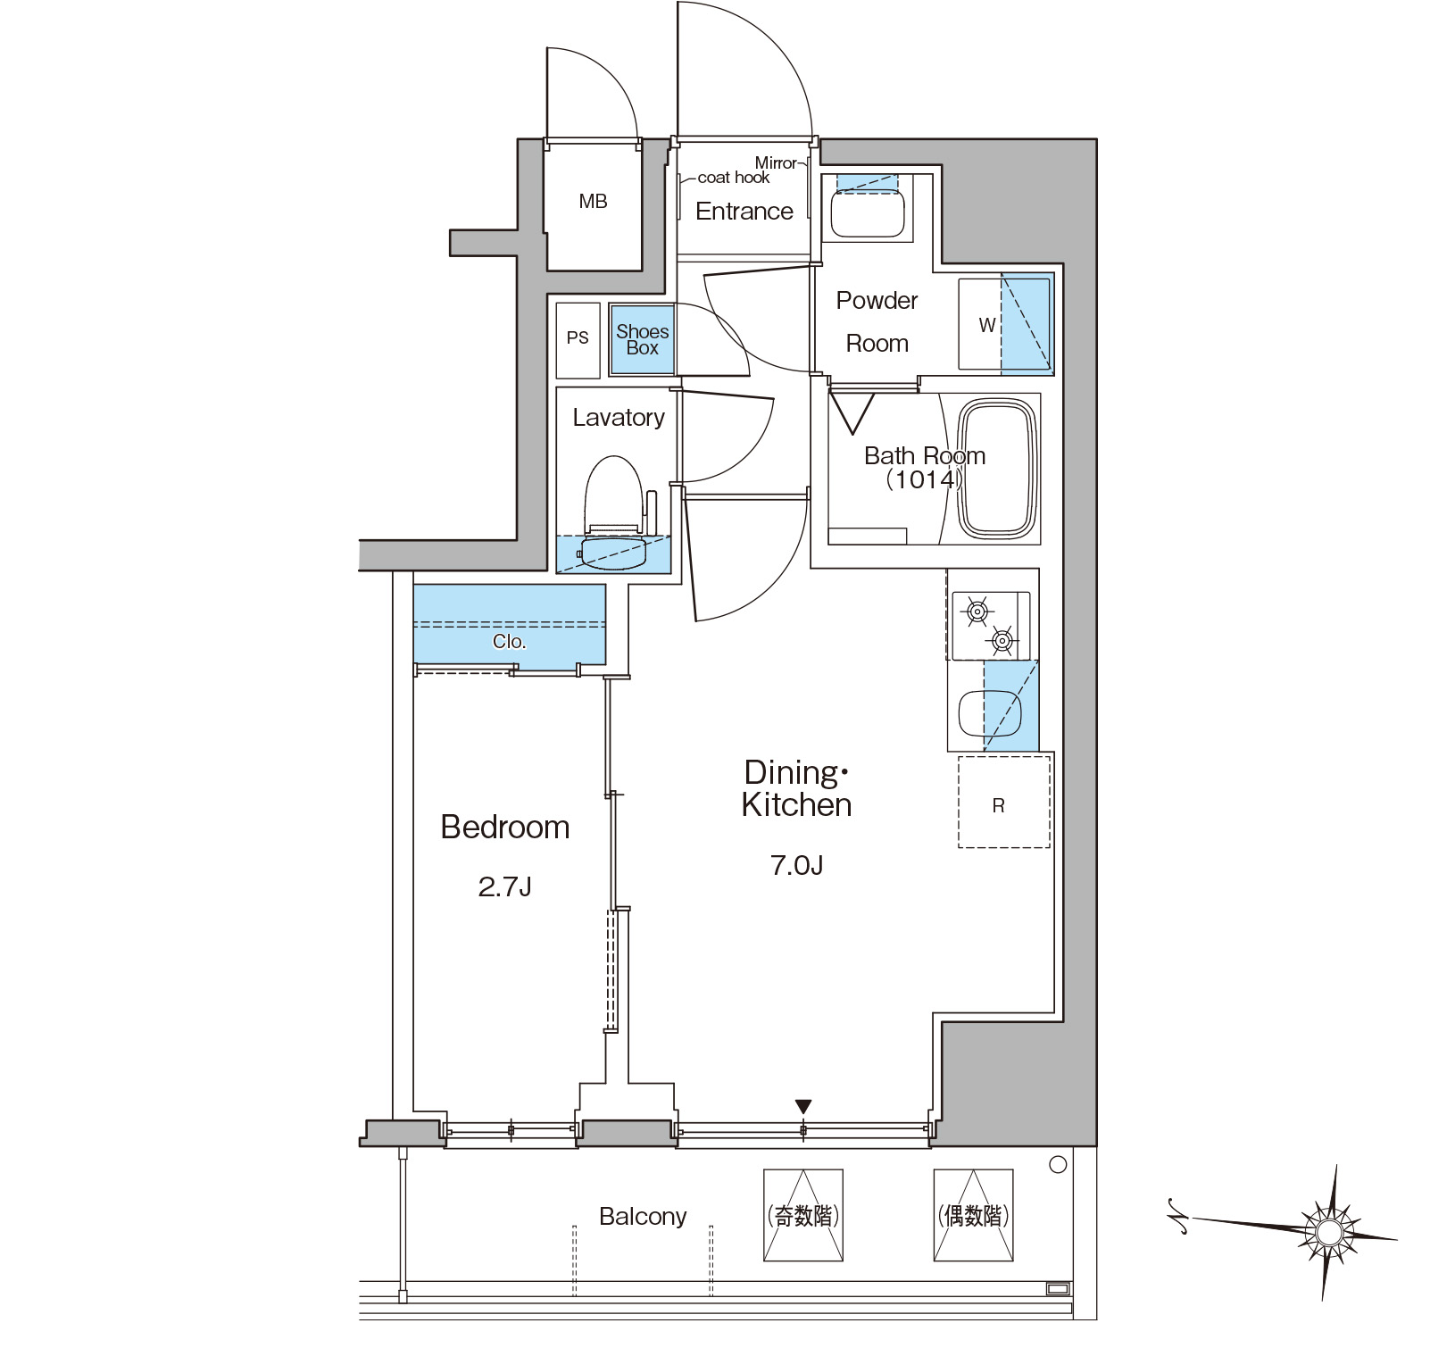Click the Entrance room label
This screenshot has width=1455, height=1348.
point(744,212)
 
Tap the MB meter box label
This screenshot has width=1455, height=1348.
point(593,202)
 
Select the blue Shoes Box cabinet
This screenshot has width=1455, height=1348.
point(642,339)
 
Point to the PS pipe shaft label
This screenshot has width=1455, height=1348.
point(578,337)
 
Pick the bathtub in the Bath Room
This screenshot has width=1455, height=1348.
point(999,469)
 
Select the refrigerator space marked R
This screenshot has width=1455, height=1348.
point(1003,802)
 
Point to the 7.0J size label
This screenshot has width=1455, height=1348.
point(796,865)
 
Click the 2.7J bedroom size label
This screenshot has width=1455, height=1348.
point(505,886)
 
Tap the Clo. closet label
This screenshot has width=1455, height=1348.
point(509,642)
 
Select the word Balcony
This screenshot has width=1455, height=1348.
point(643,1217)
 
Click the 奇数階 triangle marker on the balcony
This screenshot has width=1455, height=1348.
point(803,1215)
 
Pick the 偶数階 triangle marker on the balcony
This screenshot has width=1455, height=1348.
point(974,1215)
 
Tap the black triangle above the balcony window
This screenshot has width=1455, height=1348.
point(803,1107)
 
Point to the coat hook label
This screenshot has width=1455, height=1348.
point(733,178)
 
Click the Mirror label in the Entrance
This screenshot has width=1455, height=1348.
point(776,162)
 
